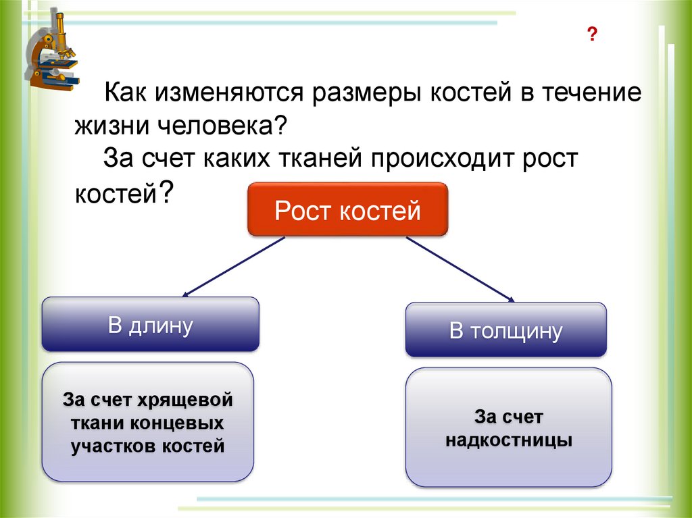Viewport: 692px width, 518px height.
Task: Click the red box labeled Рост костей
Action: (347, 209)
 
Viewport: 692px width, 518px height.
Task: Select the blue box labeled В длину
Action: (150, 325)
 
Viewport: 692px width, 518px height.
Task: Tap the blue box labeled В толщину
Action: (505, 330)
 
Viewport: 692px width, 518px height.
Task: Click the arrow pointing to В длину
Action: (232, 267)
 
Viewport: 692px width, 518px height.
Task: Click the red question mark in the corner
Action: (592, 36)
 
